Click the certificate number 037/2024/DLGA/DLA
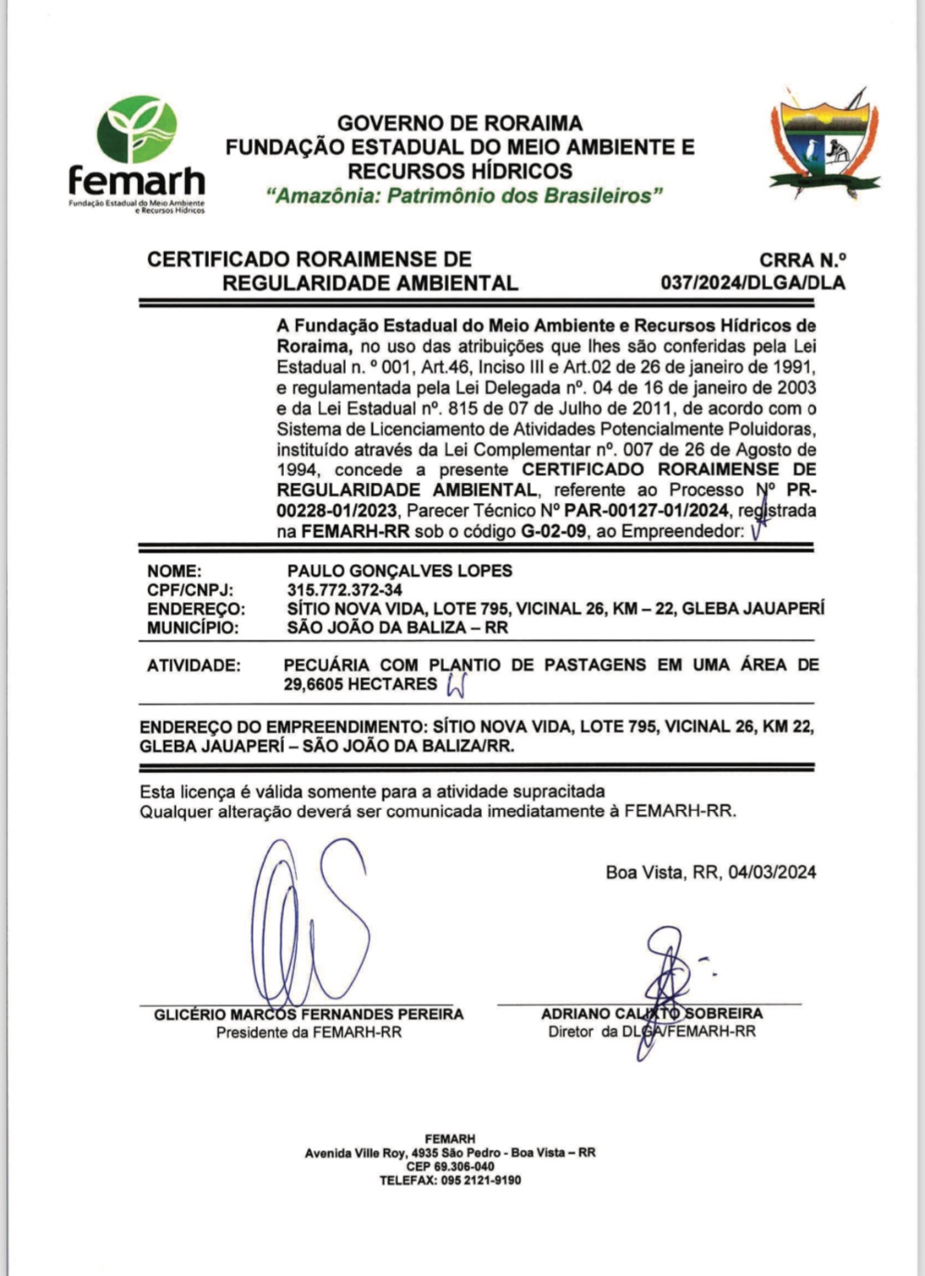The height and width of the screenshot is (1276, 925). coord(753,283)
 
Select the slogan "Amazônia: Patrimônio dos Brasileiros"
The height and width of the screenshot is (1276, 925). coord(464,196)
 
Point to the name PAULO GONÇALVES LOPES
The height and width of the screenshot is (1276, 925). coord(400,571)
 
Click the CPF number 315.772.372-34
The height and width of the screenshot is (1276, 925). coord(345,590)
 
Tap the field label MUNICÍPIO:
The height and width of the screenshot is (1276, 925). coord(192,628)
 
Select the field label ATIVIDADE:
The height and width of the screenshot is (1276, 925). coord(193,665)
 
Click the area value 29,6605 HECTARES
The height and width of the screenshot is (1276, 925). coord(360,685)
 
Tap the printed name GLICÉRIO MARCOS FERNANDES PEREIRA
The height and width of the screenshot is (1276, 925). coord(309,1014)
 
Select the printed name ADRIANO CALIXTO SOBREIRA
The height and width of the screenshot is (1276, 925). coord(651,1014)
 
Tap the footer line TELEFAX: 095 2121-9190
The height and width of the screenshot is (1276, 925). coord(450,1181)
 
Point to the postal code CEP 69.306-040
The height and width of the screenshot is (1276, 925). coord(450,1167)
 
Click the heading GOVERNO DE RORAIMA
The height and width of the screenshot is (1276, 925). coord(460,123)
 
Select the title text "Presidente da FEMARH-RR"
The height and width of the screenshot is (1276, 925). coord(309,1033)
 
